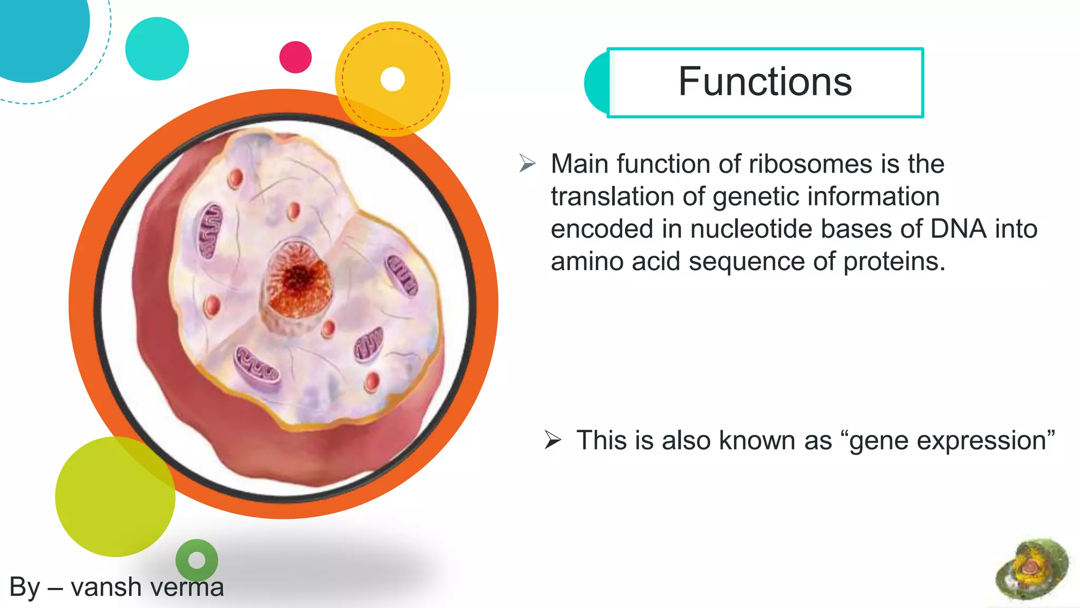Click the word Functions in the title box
(765, 82)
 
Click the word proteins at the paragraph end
(894, 262)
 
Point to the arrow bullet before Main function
(527, 163)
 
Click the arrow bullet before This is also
(553, 440)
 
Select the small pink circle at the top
(295, 57)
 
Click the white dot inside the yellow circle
(392, 79)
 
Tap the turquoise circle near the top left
(157, 49)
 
